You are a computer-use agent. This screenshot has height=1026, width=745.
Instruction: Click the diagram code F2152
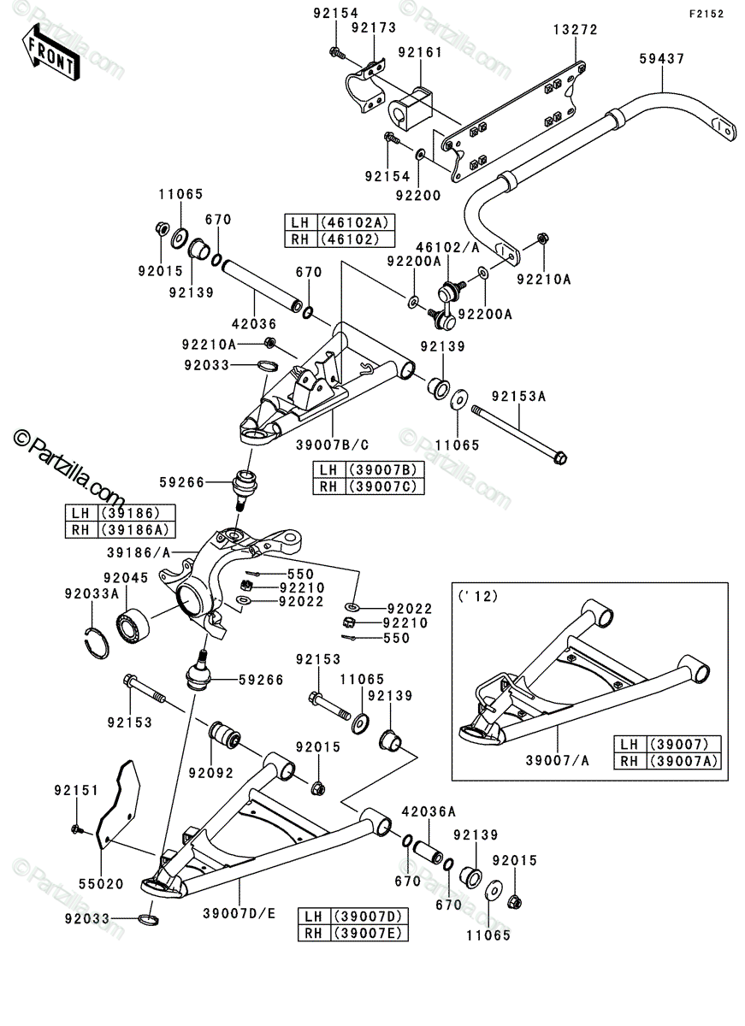[707, 15]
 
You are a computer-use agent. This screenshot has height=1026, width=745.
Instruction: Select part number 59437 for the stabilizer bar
[662, 59]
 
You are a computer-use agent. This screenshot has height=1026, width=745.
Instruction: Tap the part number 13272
[576, 30]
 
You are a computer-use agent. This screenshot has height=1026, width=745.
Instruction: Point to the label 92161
[420, 53]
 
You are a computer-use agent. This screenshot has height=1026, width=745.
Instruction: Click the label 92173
[374, 28]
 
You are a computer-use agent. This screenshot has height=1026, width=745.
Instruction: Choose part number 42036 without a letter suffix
[254, 324]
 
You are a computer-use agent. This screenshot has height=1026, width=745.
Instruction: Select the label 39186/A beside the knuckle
[139, 553]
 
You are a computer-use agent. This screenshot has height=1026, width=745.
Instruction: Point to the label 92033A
[92, 594]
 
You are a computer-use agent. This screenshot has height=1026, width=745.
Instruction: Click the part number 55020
[101, 884]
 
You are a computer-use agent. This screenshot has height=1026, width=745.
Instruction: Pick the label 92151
[76, 791]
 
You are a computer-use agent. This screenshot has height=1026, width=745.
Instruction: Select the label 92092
[211, 773]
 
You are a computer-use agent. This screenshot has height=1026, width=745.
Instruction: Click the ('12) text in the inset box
[477, 597]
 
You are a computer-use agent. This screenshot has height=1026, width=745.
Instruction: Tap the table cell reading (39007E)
[369, 933]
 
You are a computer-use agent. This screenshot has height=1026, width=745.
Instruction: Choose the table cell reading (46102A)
[355, 222]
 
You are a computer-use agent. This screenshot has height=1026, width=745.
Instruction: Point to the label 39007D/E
[239, 914]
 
